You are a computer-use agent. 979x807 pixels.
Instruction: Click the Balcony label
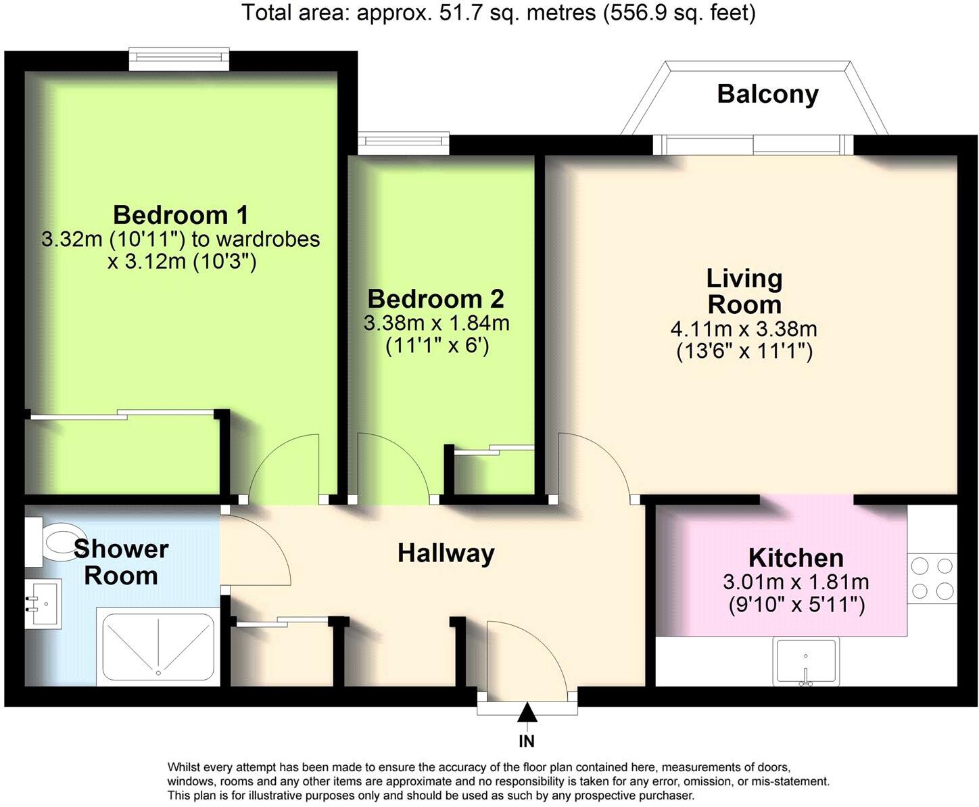(767, 94)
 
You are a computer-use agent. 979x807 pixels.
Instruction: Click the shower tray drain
(158, 673)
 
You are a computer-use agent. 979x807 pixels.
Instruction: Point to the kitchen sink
(806, 661)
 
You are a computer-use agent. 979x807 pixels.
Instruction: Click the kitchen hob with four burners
(932, 578)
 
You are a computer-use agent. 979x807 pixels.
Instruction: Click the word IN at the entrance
(527, 741)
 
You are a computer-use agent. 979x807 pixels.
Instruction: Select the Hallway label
(446, 553)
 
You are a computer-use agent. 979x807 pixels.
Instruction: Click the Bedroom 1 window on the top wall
(179, 59)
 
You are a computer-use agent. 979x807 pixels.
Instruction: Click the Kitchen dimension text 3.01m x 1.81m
(796, 582)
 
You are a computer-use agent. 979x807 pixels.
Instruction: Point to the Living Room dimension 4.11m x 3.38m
(744, 329)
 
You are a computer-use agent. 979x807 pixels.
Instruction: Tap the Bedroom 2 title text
(435, 298)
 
